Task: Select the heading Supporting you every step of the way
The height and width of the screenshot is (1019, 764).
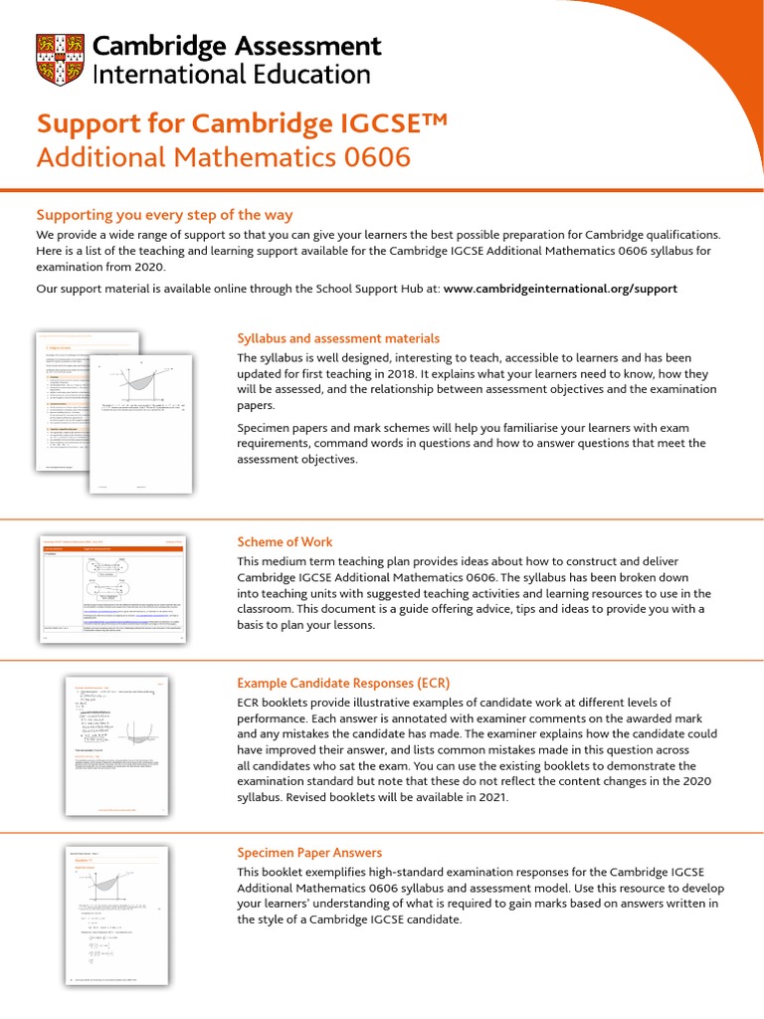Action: tap(164, 215)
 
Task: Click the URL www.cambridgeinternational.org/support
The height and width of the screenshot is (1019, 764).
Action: tap(560, 289)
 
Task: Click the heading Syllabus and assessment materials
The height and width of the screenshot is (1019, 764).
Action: tap(337, 338)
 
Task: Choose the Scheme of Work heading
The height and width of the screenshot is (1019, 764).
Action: tap(285, 541)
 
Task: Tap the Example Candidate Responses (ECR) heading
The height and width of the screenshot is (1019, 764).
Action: tap(343, 683)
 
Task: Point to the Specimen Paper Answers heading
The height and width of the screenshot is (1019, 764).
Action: tap(309, 853)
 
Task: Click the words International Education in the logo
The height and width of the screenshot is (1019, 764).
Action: tap(231, 74)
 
